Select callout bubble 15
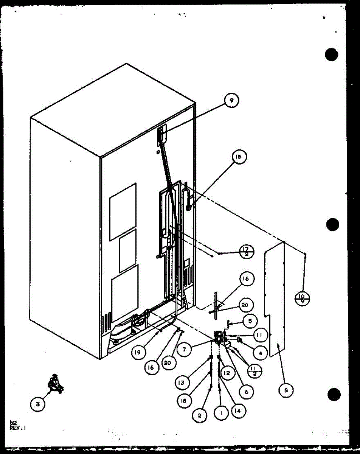tap(239, 157)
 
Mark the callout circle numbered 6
tap(247, 392)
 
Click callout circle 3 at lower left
tap(37, 404)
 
